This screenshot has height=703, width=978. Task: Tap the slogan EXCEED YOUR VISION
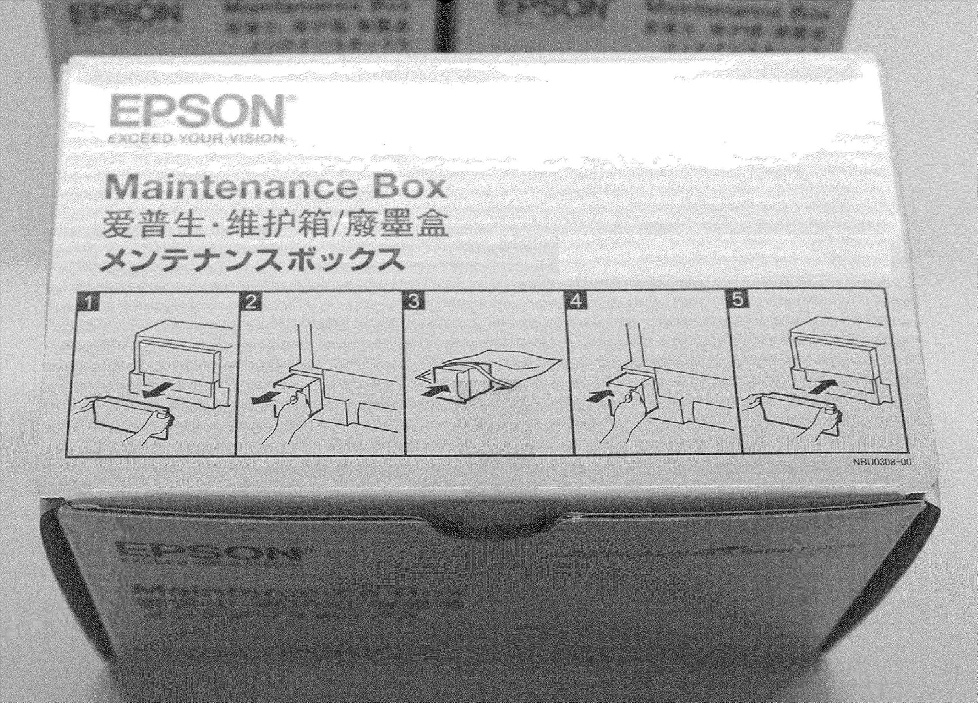pos(196,138)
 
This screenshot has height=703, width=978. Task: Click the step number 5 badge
pos(738,300)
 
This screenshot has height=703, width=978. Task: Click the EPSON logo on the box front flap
pos(207,552)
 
